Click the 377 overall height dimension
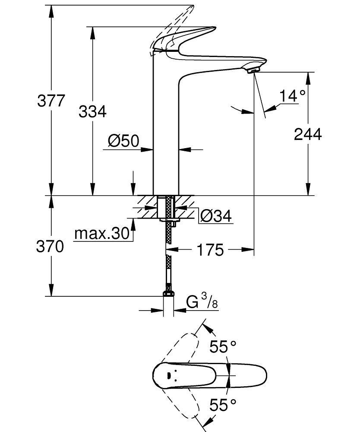coord(51,102)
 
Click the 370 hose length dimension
coord(50,247)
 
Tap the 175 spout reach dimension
coord(211,249)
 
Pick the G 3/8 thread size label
coord(202,302)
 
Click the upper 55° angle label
coord(223,346)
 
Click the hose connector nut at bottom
coord(168,294)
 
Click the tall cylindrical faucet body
coord(166,130)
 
